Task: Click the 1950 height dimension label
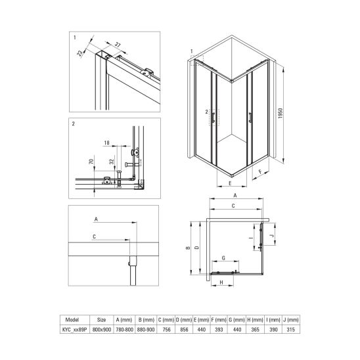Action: (281, 113)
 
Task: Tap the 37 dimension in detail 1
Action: (118, 45)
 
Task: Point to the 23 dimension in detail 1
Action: (80, 53)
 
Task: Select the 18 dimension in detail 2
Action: (107, 143)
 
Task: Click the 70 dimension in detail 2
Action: (91, 162)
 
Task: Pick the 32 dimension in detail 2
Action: (112, 162)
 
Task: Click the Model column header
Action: (72, 319)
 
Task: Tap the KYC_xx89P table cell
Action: (75, 330)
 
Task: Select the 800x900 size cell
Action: (102, 330)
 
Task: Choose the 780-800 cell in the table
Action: (124, 330)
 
